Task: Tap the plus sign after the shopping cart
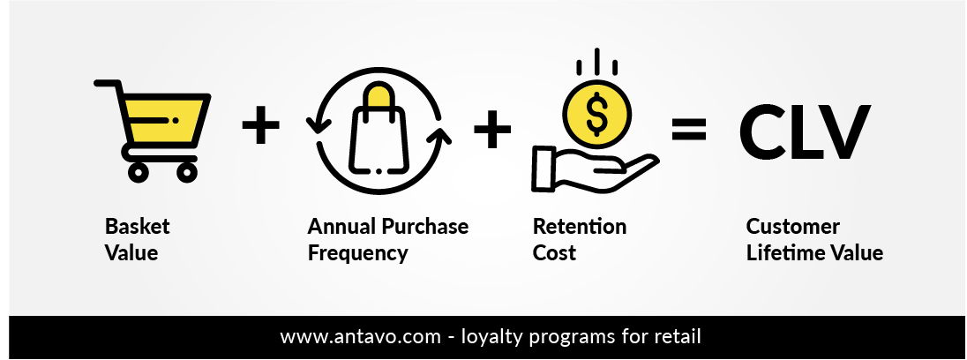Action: point(260,125)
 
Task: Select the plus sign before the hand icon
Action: point(492,129)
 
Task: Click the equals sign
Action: point(688,129)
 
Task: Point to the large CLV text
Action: point(805,131)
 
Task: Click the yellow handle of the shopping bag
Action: point(379,96)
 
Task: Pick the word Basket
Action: point(137,226)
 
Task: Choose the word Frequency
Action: point(357,253)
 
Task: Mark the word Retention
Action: point(580,226)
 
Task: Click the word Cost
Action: point(554,252)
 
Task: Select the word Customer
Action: point(793,226)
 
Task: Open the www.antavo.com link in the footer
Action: point(361,337)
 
